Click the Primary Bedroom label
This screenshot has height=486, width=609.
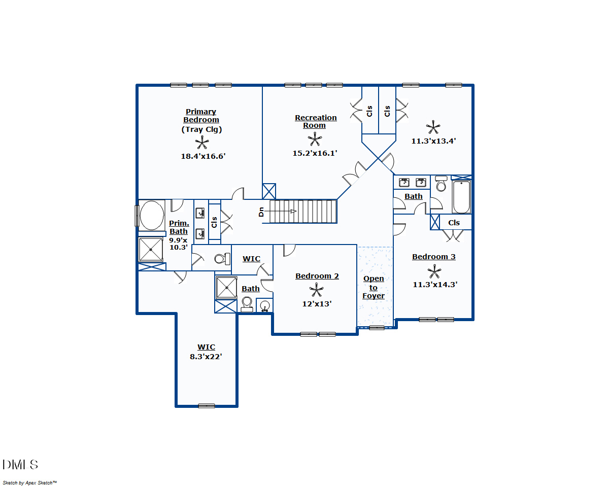point(201,116)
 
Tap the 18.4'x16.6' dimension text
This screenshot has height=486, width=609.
point(203,156)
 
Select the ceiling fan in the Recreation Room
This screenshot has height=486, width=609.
point(315,139)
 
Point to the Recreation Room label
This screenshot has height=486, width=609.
point(316,121)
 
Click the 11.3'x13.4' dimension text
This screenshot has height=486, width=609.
point(433,141)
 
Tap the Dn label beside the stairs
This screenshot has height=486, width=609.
point(261,212)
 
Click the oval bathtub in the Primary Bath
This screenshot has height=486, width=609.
point(151,216)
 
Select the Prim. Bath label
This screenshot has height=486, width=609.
point(179,227)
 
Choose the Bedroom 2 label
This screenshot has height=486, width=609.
point(317,276)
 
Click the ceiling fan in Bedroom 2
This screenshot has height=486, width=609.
point(316,290)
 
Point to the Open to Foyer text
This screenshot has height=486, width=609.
point(374,288)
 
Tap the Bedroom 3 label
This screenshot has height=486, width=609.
point(433,257)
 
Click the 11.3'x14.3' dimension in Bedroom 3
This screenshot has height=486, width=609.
point(435,285)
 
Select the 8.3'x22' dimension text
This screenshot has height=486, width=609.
point(206,357)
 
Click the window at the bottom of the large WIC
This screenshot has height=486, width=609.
point(206,406)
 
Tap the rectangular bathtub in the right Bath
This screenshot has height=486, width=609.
point(462,197)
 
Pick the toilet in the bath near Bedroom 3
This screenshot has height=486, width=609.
point(441,185)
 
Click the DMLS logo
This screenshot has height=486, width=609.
point(20,465)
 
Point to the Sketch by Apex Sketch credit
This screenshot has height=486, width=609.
point(29,482)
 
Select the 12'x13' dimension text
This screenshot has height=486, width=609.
point(317,304)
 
